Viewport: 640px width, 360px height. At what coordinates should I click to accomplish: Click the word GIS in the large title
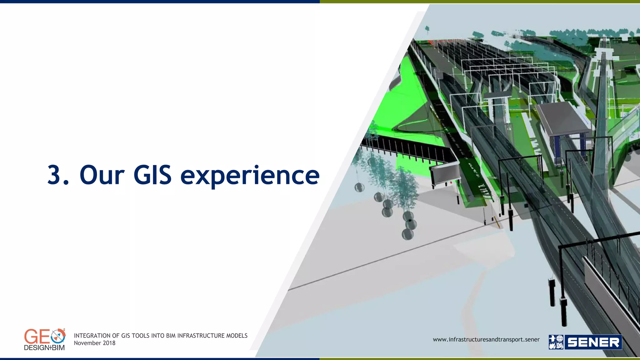point(152,175)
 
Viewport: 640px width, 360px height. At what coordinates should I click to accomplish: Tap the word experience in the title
point(250,176)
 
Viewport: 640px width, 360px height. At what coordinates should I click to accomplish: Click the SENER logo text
point(593,342)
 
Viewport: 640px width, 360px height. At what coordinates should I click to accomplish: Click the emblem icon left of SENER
point(556,342)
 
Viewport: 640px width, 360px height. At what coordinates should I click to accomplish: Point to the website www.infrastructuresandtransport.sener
point(486,339)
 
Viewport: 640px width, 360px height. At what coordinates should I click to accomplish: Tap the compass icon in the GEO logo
point(58,336)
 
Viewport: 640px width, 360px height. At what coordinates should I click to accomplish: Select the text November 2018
point(94,343)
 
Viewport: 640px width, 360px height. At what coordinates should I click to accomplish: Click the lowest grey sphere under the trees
point(407,234)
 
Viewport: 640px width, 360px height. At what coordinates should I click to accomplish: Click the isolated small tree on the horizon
point(427,29)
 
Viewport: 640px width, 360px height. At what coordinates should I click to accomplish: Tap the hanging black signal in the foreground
point(552,292)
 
